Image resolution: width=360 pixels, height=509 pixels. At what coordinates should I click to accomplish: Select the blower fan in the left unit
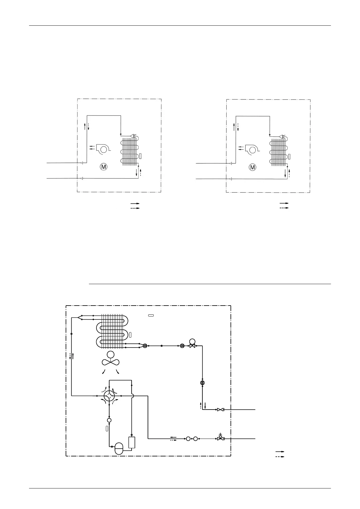click(103, 148)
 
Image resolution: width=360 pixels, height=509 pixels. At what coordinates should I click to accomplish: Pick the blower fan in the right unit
click(251, 149)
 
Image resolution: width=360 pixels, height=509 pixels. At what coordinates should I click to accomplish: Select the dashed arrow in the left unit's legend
click(135, 208)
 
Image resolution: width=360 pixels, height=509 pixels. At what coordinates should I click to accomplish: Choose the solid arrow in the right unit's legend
click(284, 203)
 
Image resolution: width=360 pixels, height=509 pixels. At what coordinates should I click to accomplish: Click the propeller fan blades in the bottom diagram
click(111, 362)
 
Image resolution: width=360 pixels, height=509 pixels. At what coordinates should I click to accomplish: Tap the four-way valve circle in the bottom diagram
click(109, 395)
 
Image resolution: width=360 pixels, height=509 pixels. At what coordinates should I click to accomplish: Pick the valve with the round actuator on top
click(192, 344)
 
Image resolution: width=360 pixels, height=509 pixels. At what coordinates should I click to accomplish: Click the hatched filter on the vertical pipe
click(202, 383)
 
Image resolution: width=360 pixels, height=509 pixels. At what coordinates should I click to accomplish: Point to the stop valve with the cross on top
click(220, 438)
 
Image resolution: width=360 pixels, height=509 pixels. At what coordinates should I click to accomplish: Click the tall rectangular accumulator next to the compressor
click(132, 442)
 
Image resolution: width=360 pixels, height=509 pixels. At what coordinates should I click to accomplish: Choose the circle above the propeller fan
click(111, 355)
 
